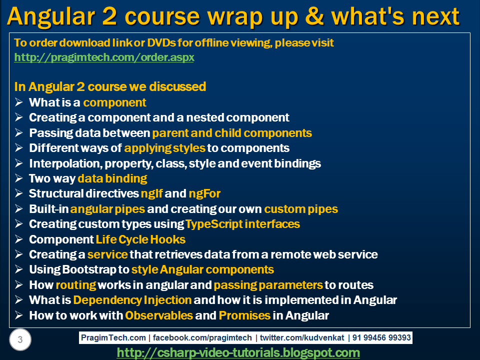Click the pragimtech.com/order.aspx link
(104, 57)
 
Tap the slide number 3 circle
(20, 340)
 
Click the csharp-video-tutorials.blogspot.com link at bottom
(238, 353)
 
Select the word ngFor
(204, 193)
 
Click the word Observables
(159, 315)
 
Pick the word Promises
(244, 315)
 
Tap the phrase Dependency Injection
(132, 300)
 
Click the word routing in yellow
(75, 285)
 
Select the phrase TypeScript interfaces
(242, 224)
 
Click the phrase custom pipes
(301, 209)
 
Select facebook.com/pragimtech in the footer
(202, 338)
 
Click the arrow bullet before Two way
(19, 178)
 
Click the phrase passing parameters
(268, 285)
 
